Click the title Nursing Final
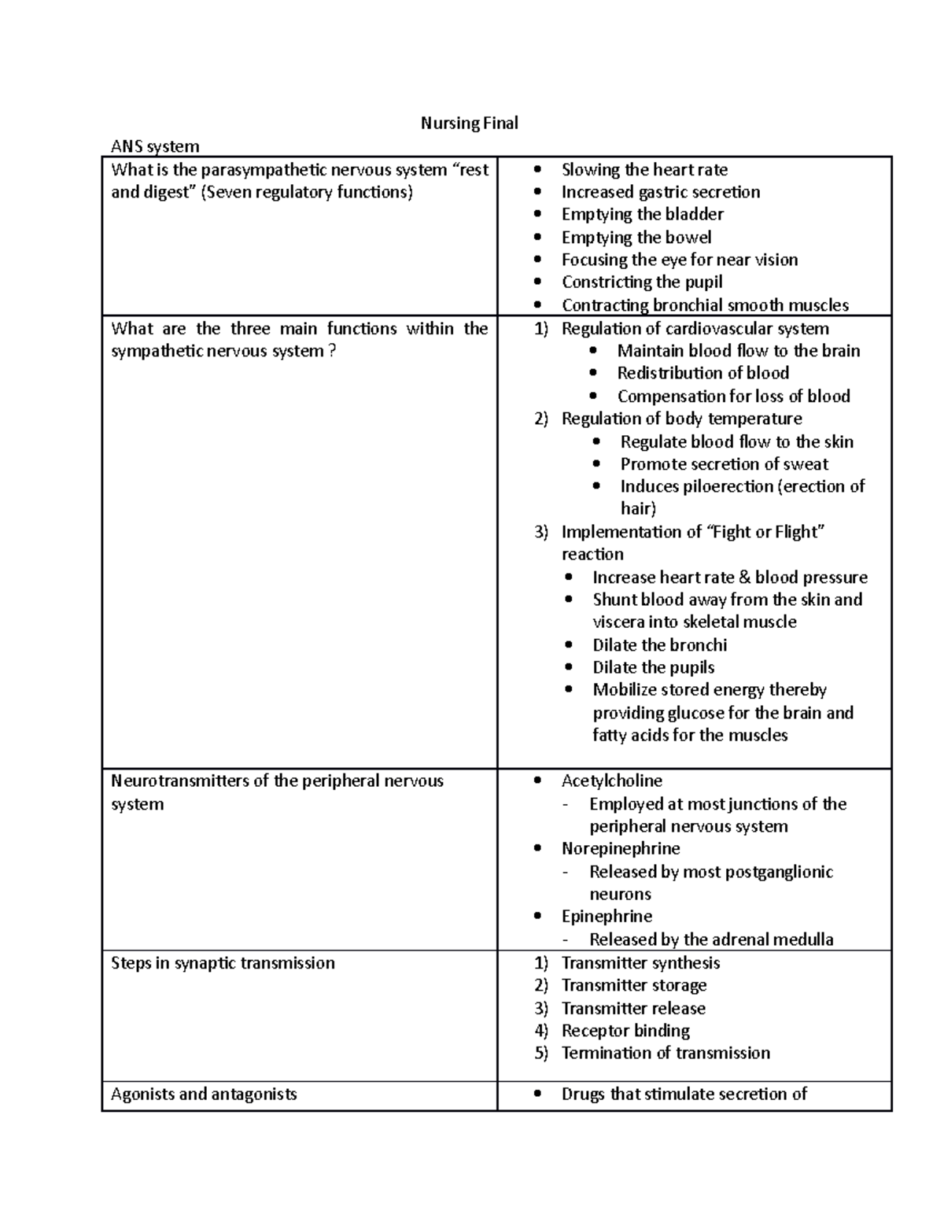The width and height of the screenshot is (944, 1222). (469, 123)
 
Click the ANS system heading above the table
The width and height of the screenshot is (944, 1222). (155, 146)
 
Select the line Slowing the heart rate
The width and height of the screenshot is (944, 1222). (643, 170)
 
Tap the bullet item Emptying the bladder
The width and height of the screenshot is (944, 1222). (642, 214)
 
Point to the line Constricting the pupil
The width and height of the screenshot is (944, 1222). (641, 282)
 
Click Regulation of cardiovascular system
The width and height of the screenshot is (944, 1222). (695, 328)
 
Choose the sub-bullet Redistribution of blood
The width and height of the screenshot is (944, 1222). (702, 373)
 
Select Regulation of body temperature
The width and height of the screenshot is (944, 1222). (681, 419)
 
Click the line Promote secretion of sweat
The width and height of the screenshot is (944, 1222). (724, 464)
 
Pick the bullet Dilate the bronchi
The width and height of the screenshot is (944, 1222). (659, 645)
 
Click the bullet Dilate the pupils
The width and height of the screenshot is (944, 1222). (653, 667)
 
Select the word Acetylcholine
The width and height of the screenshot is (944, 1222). (611, 781)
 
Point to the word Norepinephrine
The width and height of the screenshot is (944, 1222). (620, 848)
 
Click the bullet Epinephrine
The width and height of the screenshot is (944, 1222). (606, 917)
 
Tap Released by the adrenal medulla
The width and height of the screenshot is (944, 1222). (711, 940)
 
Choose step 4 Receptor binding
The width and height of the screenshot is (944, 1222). (625, 1031)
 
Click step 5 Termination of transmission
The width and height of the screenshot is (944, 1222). (665, 1053)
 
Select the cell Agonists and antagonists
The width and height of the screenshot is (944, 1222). (204, 1094)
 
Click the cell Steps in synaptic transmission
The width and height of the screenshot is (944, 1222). (223, 963)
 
